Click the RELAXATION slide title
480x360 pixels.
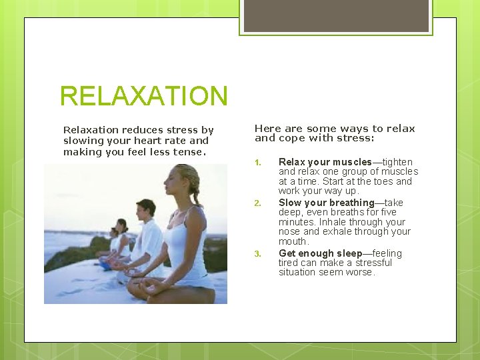tap(143, 96)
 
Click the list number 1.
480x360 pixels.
tap(259, 163)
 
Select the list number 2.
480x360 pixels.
tap(259, 203)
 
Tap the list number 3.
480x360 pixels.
tap(259, 254)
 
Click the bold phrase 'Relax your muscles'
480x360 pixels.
tap(325, 162)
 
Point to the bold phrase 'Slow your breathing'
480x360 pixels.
tap(326, 203)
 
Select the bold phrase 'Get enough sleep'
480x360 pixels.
tap(320, 253)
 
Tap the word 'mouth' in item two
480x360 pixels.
tap(293, 241)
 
